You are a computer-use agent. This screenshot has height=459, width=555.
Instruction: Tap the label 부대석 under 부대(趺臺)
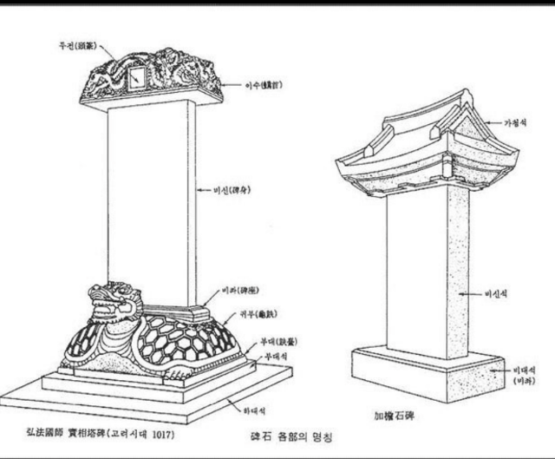[276, 356]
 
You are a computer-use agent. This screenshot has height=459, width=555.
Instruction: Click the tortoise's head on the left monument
[112, 300]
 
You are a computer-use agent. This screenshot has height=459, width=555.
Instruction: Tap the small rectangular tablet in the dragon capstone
[135, 81]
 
